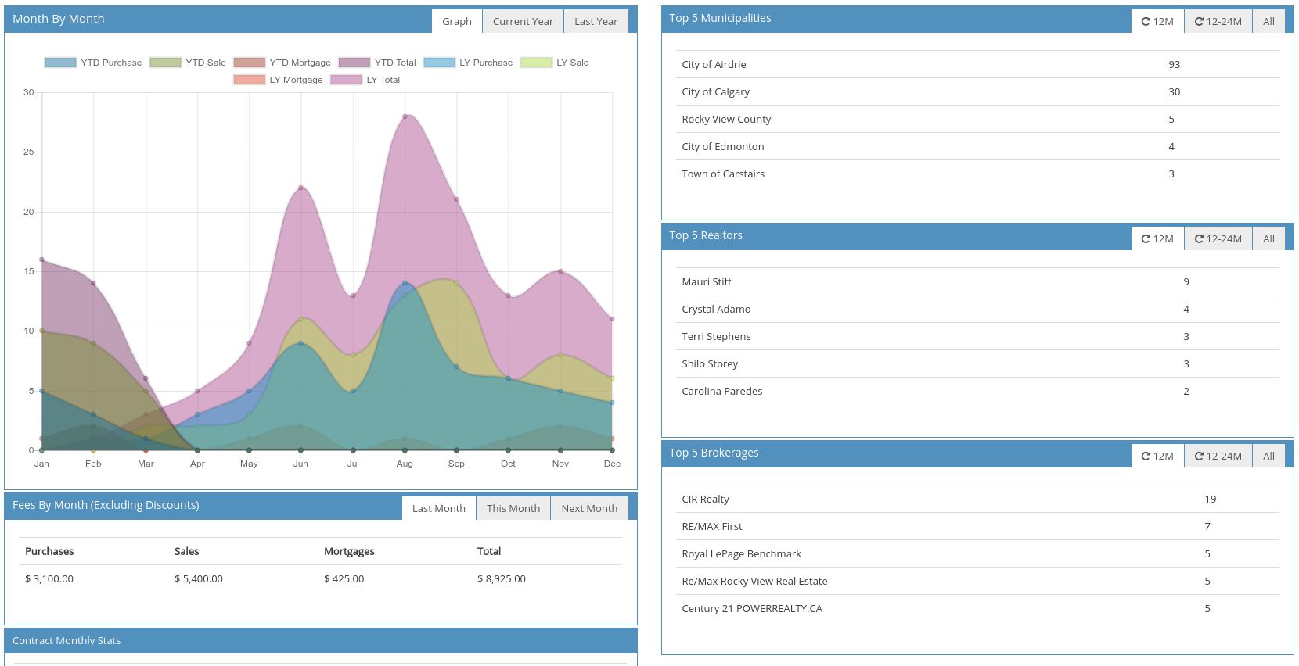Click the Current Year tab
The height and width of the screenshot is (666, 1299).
(523, 21)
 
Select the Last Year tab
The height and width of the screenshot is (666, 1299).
(596, 21)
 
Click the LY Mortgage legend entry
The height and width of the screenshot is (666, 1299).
(279, 80)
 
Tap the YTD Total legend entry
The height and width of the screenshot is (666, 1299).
(377, 63)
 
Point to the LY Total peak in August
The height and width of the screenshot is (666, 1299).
(405, 116)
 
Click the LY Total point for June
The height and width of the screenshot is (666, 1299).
(300, 188)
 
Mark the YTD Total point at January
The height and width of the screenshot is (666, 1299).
(41, 260)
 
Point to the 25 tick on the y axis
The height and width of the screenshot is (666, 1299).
(28, 152)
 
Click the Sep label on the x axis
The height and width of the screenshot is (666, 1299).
(456, 464)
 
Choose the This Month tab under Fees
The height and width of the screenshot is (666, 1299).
(513, 508)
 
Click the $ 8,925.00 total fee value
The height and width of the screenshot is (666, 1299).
(502, 578)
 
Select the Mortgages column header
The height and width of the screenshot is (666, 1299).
(349, 551)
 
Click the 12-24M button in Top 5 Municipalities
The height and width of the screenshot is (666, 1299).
(1218, 21)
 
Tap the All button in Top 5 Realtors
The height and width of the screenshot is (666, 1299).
(1268, 238)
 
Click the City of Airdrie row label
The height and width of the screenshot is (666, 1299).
(714, 64)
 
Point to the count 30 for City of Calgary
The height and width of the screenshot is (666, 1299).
(1175, 91)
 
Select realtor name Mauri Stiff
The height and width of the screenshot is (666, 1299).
(707, 281)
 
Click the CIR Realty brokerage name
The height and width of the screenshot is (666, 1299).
(705, 499)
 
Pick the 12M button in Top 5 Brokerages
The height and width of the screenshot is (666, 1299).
(1157, 456)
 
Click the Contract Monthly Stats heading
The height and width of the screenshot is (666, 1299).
(67, 640)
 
